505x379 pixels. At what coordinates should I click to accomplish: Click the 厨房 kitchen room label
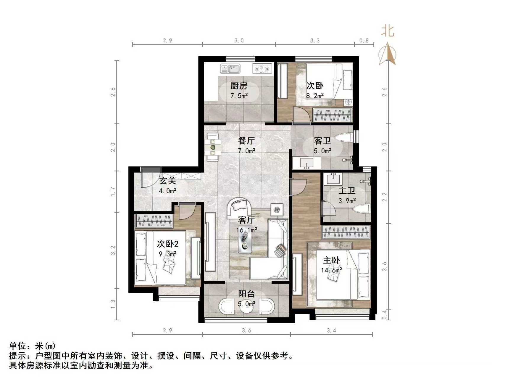coord(239,86)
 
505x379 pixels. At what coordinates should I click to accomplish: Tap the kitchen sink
coord(230,69)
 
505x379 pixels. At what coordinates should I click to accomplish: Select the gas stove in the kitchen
coord(262,69)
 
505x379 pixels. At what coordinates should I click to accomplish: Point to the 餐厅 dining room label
coord(246,141)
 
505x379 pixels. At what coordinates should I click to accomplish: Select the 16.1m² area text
coord(246,230)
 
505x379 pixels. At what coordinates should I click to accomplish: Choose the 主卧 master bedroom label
coord(331,260)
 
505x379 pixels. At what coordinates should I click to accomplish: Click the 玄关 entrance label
coord(168,181)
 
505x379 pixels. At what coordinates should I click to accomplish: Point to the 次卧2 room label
coord(167,244)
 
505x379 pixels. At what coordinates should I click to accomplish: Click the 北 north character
coord(388,31)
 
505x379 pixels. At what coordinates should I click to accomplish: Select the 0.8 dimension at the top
coord(364,41)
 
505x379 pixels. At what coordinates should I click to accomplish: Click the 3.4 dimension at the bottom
coord(331,330)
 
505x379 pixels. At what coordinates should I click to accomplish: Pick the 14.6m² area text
coord(331,270)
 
